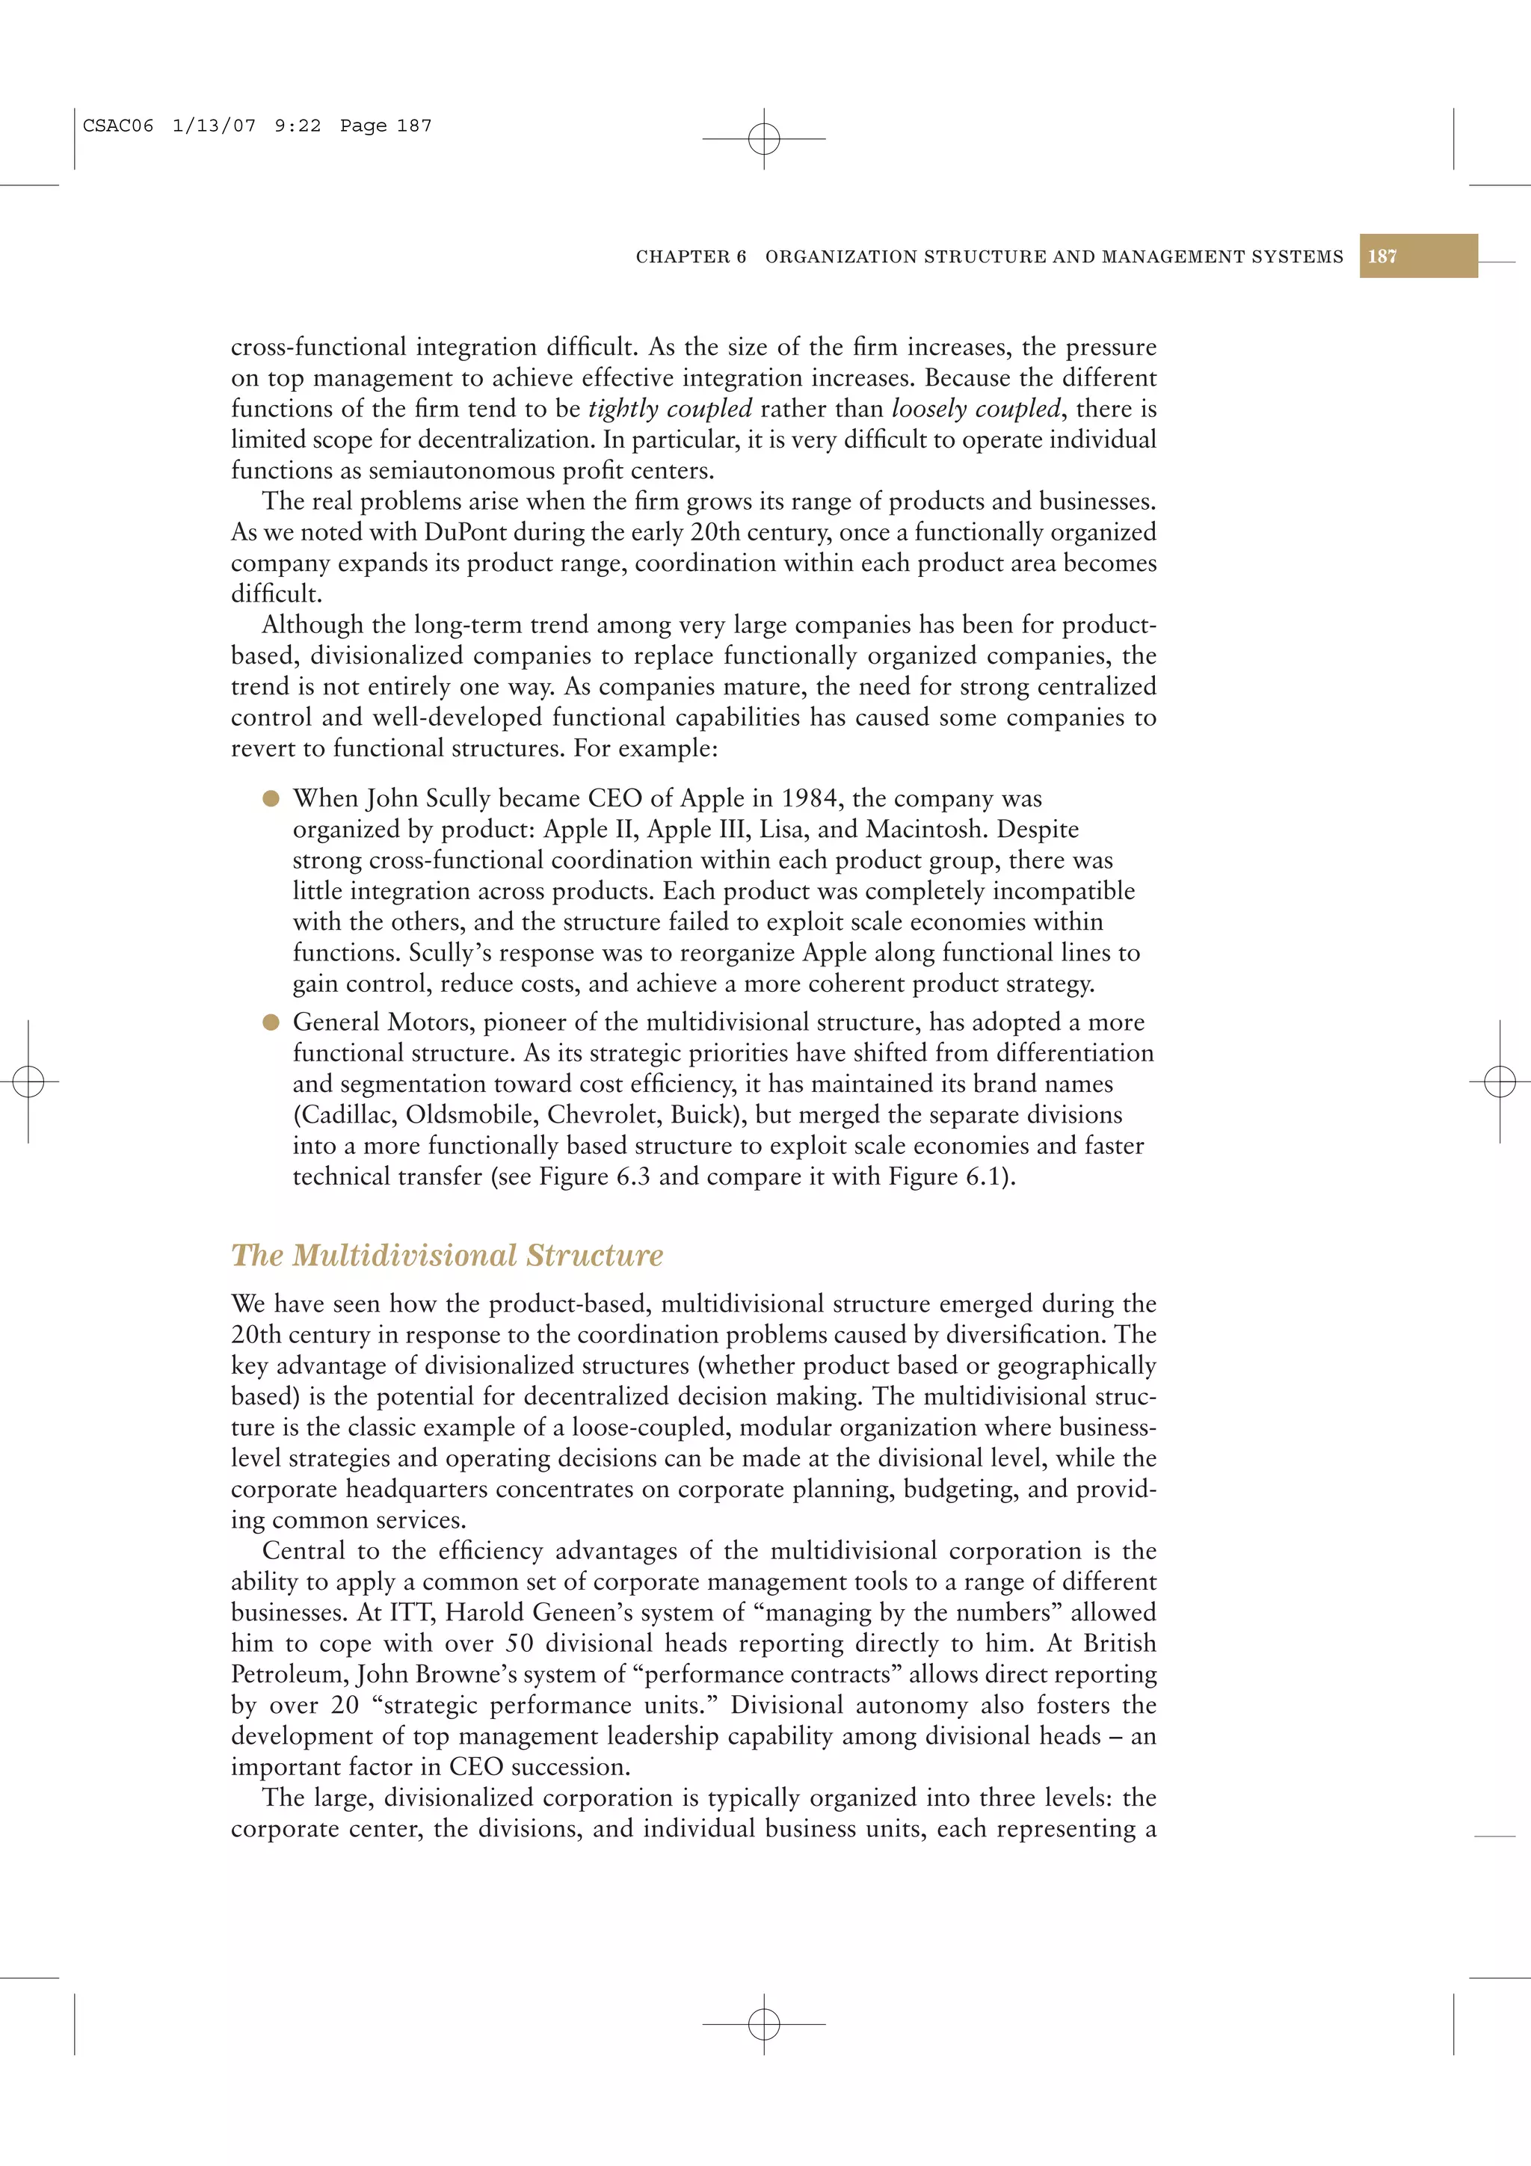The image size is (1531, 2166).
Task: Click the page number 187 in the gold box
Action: click(1382, 256)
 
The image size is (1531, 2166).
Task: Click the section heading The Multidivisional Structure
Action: click(447, 1255)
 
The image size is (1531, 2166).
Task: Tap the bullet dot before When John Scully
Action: click(271, 798)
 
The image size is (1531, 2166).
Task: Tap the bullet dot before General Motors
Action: click(271, 1022)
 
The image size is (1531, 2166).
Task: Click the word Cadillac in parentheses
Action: click(345, 1114)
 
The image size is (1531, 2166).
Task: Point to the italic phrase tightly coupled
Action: click(670, 409)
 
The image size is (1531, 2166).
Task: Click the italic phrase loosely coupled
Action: click(976, 409)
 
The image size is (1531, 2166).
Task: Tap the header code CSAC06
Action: click(118, 126)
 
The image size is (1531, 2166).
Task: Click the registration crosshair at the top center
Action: click(764, 139)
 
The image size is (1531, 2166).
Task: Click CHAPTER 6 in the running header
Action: click(691, 256)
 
